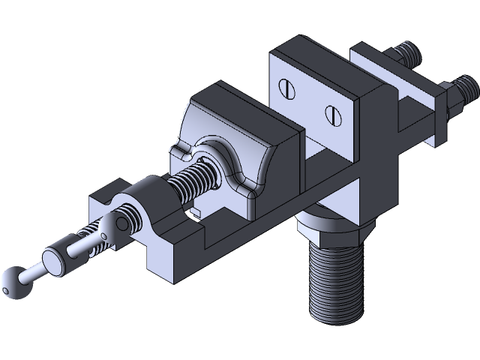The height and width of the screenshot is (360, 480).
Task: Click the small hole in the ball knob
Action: pyautogui.click(x=8, y=286)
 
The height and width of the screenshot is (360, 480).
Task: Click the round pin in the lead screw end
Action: pyautogui.click(x=118, y=222)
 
